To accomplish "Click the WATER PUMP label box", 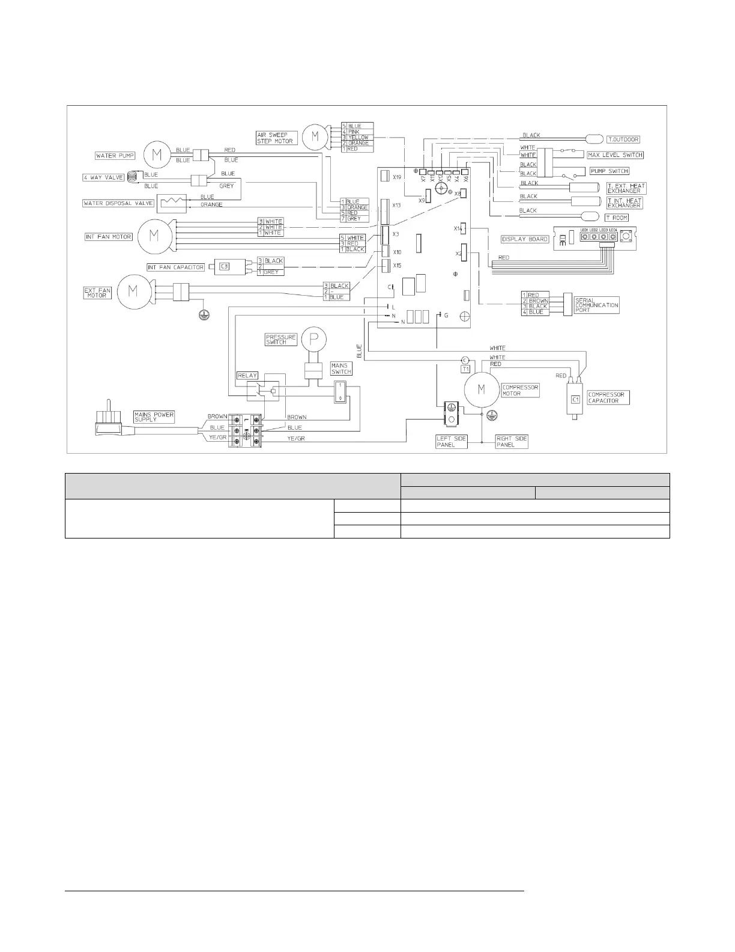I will coord(115,156).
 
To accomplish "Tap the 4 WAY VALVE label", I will coord(103,178).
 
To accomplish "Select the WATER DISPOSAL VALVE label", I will coord(118,203).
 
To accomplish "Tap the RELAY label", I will coord(247,376).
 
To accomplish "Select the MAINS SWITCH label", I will coord(341,368).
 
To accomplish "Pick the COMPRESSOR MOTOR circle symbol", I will coord(481,389).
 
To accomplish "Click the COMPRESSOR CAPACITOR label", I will coord(608,398).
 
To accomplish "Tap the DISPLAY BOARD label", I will coord(525,239).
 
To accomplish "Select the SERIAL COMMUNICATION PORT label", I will coord(596,305).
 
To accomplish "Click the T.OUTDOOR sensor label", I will coord(623,139).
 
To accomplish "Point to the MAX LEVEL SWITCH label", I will coord(615,155).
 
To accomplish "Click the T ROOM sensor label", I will coord(616,218).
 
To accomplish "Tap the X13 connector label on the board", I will coord(396,206).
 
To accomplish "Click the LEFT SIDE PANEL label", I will coord(451,442).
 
